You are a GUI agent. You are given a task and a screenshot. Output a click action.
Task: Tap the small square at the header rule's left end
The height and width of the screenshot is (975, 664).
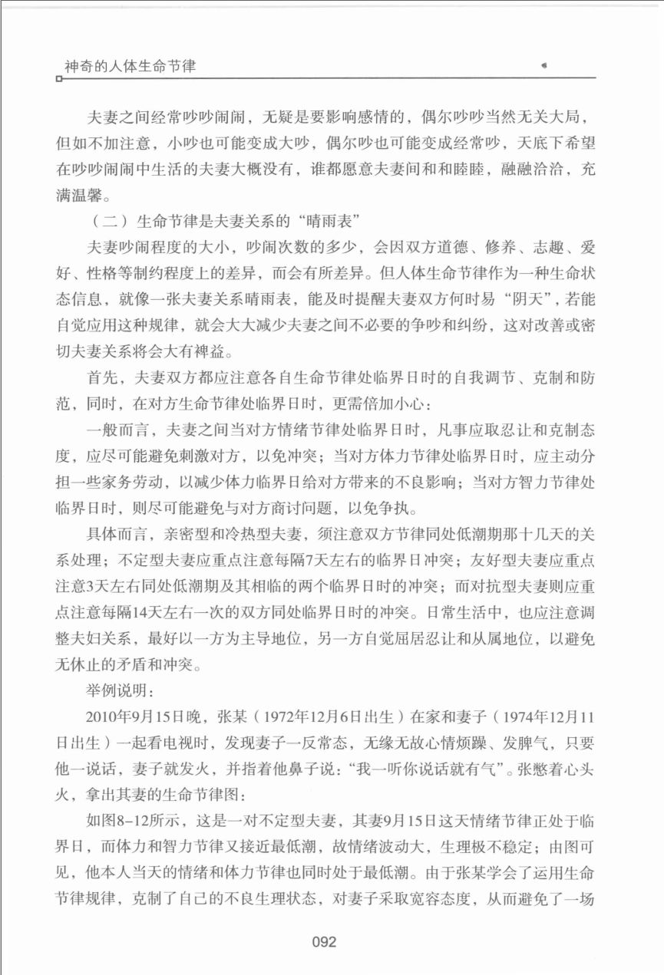tap(58, 77)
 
